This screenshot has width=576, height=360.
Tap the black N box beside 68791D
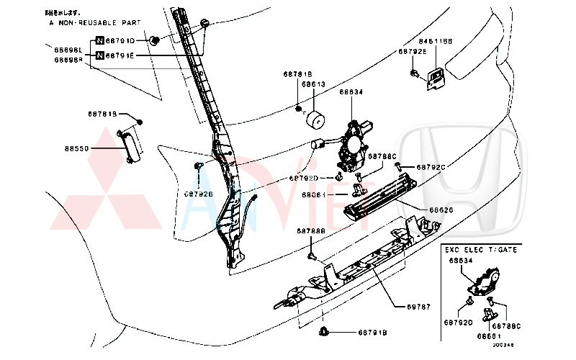(x=99, y=41)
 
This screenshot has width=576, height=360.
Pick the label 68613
(x=313, y=84)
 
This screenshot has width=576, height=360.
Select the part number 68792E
(x=413, y=52)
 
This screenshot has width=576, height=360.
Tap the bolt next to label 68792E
(x=416, y=73)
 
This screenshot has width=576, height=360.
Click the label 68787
(x=419, y=307)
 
